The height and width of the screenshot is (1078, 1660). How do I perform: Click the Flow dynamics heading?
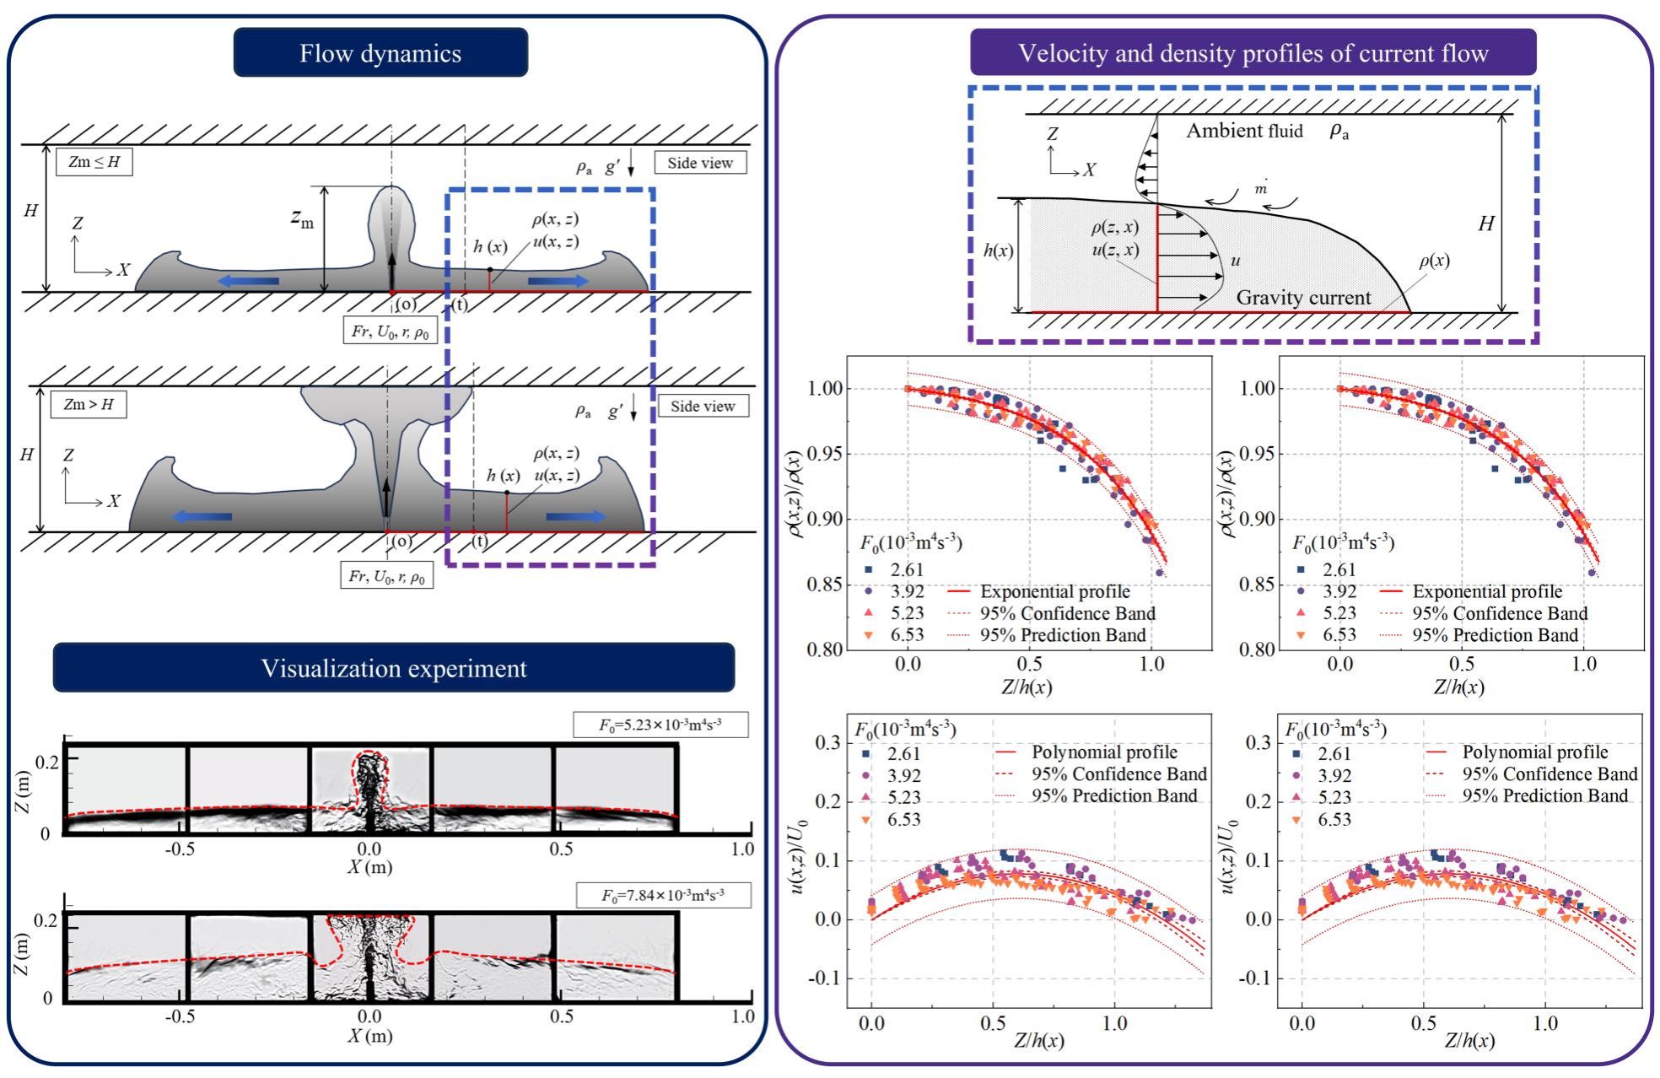380,53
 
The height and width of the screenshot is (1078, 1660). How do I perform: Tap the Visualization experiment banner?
393,668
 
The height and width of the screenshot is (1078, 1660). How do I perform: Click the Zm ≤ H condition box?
94,162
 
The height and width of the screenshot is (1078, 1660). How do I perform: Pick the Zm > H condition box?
89,404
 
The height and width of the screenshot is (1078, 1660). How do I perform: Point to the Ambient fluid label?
1244,131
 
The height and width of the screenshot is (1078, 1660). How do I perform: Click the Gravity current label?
1303,297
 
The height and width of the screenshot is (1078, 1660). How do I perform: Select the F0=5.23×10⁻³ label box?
660,725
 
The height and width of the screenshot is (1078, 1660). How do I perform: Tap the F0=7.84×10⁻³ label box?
663,895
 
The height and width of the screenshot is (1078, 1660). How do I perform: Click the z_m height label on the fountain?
302,218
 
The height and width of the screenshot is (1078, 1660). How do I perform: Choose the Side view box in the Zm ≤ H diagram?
700,163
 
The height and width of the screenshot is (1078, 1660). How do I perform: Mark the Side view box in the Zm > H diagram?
703,406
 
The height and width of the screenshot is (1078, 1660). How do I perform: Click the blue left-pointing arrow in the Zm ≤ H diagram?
249,281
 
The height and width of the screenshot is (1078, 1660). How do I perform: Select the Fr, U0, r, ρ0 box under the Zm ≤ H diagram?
390,331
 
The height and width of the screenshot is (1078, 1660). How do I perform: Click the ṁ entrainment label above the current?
1260,188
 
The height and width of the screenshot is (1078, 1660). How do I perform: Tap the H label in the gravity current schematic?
1486,224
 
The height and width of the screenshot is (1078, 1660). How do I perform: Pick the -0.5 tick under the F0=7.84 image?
180,1016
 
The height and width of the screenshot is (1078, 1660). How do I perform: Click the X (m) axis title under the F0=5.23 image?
369,866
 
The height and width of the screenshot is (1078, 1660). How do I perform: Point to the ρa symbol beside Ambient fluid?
1339,131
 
